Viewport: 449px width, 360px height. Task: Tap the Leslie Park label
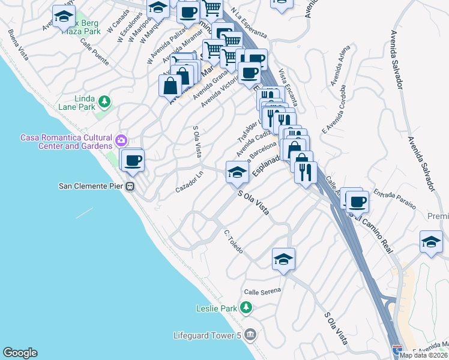[216, 309]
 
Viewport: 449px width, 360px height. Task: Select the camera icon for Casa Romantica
[122, 140]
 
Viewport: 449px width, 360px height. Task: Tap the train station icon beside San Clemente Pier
[130, 186]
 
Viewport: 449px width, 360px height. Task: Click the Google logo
[20, 353]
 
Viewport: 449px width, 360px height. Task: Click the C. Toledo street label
[233, 241]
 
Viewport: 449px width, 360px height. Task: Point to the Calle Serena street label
[262, 291]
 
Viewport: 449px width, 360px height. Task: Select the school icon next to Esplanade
[237, 172]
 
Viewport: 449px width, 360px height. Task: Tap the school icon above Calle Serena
[283, 259]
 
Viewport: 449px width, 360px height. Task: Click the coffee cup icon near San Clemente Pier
[133, 160]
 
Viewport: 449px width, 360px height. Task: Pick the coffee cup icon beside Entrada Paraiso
[358, 202]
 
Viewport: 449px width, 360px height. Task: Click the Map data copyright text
[424, 355]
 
